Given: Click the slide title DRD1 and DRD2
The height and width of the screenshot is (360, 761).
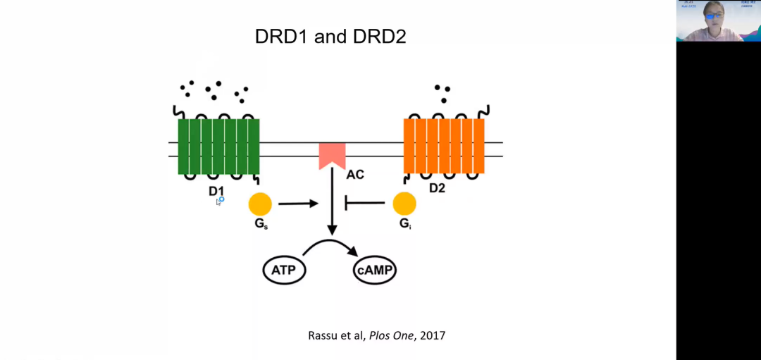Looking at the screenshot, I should pos(330,37).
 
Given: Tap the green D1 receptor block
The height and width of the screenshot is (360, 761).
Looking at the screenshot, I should pos(218,146).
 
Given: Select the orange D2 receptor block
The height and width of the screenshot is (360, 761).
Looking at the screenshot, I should pos(444,146).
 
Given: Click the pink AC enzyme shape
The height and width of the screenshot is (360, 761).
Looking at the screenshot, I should pos(332,154).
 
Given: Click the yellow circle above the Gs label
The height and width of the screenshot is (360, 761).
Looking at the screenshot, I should pos(260,204).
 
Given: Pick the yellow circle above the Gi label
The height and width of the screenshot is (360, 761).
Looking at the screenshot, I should pos(404,204).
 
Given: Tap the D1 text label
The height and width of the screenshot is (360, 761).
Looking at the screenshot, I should pos(216,191).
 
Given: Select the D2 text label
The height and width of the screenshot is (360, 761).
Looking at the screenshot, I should pos(438,189).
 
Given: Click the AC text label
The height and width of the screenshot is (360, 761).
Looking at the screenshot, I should pos(355,173).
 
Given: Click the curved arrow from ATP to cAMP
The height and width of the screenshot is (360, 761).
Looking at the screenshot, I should pos(330,243).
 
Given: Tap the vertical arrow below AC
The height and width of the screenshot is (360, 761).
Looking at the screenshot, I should pos(332,204).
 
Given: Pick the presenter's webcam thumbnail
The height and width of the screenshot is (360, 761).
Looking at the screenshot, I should pos(718,20).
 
